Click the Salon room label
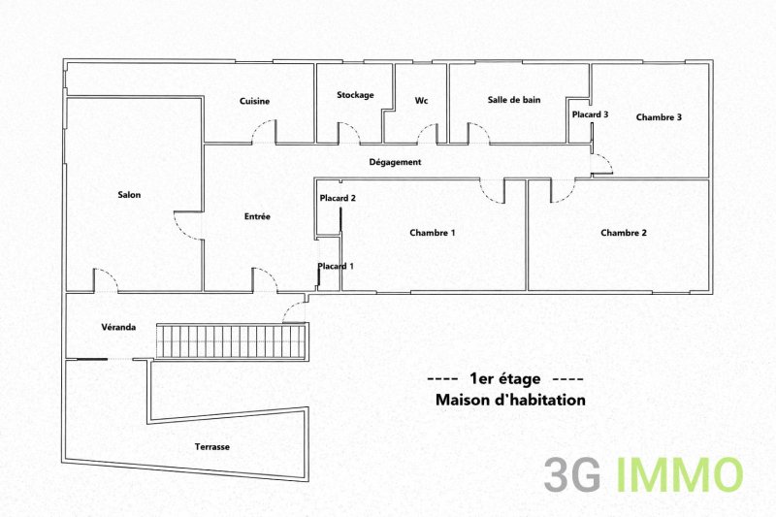[129, 195]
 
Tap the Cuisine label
[254, 101]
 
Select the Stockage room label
[355, 95]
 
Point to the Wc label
[421, 101]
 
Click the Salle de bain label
[514, 100]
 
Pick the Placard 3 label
[590, 114]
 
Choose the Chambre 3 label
[659, 117]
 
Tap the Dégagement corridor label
[395, 162]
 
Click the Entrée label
[257, 216]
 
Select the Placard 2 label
[338, 198]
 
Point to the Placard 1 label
[336, 266]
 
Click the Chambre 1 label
[433, 233]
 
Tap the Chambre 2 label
[624, 233]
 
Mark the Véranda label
[118, 327]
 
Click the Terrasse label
[211, 447]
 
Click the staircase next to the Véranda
[231, 340]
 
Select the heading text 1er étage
[504, 379]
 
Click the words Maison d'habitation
[510, 400]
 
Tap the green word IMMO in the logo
[680, 475]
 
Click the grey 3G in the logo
[572, 475]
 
